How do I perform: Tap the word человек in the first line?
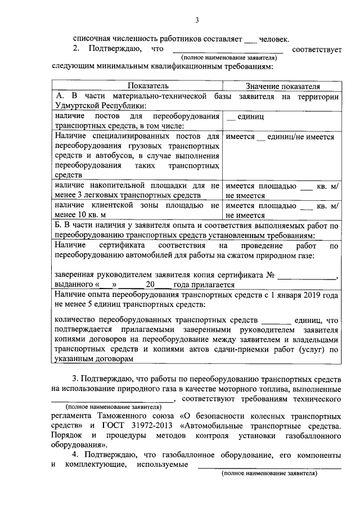point(274,39)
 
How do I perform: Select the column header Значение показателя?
point(283,87)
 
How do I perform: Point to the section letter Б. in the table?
point(60,226)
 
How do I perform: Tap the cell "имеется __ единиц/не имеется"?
point(280,137)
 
